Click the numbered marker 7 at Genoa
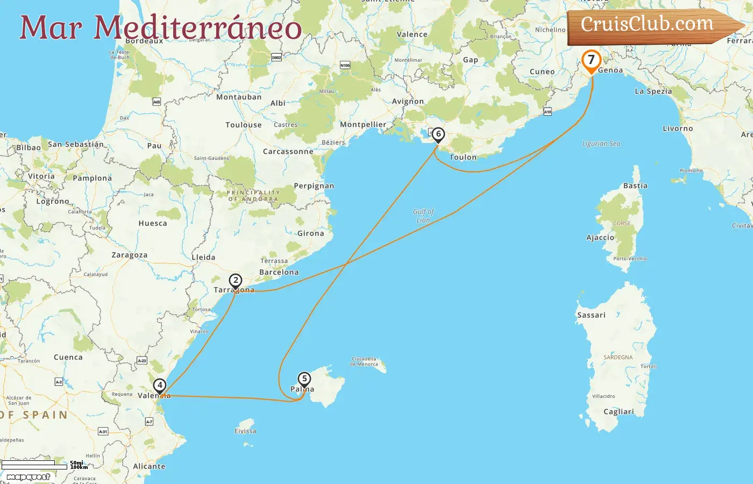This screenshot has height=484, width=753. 591,60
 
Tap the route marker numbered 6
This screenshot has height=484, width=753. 438,134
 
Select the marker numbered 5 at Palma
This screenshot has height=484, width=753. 304,379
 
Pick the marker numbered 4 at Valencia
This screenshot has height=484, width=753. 160,385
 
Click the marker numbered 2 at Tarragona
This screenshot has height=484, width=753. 236,280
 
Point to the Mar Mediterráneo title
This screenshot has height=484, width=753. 160,27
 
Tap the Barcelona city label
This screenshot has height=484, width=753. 279,272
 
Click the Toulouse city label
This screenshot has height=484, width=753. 244,125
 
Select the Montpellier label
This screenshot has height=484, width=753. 363,124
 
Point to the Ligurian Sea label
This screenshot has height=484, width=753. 601,144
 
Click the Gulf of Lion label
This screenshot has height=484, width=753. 423,216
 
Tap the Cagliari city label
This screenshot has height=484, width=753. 619,411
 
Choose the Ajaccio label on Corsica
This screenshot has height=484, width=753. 600,237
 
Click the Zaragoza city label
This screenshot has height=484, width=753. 129,255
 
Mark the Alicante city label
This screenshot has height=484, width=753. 149,466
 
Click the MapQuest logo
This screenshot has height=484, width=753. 28,477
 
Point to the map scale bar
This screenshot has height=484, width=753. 34,464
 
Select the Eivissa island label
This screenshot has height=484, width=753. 245,431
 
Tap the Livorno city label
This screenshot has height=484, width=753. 678,129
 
